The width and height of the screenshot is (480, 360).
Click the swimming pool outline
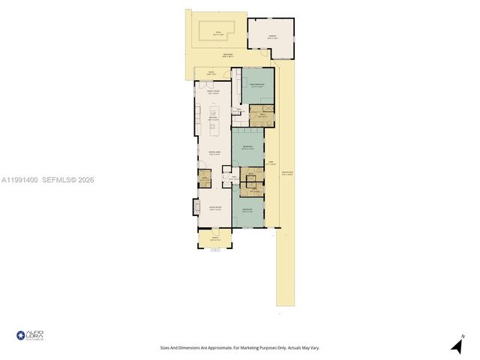click(x=217, y=31)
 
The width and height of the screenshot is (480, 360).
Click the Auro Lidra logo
click(x=30, y=335)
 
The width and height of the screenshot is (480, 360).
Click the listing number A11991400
click(x=19, y=180)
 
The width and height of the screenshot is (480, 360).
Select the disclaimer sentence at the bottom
click(x=240, y=347)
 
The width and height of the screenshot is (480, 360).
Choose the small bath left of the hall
click(x=204, y=178)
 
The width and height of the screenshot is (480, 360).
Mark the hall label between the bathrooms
click(x=235, y=178)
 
